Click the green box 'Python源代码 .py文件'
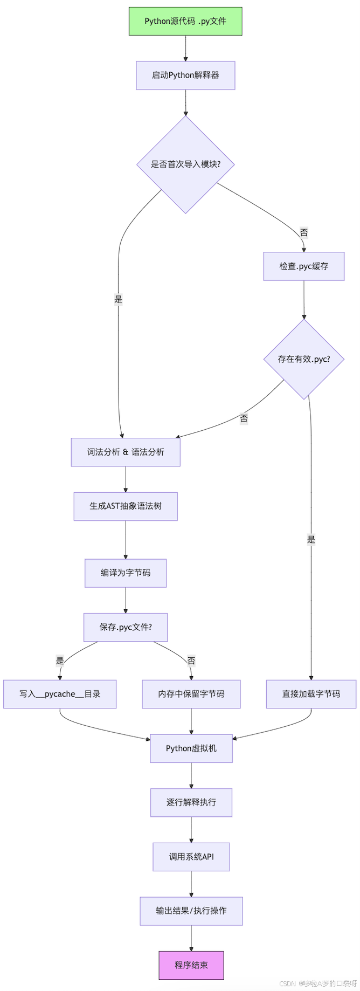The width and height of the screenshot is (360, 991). (185, 22)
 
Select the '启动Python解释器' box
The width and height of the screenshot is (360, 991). (185, 75)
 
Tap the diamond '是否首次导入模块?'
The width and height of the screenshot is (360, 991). (185, 164)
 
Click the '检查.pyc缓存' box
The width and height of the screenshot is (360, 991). (303, 266)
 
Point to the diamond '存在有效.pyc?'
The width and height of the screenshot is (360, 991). (303, 359)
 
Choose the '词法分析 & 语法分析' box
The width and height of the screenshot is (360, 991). (126, 452)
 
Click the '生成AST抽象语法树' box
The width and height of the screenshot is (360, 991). (126, 506)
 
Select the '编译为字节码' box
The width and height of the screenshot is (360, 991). (126, 573)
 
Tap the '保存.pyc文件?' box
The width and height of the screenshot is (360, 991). (126, 627)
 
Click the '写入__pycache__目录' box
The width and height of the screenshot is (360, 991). (60, 694)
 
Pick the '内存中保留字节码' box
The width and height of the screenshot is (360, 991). (191, 694)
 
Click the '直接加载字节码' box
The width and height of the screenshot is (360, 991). (311, 694)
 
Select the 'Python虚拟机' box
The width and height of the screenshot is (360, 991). (191, 748)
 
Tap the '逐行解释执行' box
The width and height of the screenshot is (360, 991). (191, 802)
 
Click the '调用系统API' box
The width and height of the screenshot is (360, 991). (191, 857)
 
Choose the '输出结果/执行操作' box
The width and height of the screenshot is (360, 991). (191, 911)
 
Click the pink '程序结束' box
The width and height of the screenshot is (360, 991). (191, 965)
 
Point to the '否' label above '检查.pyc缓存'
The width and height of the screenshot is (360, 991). (304, 232)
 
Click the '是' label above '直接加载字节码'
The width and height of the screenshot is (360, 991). (311, 539)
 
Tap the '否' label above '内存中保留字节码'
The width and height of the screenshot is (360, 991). (191, 660)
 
